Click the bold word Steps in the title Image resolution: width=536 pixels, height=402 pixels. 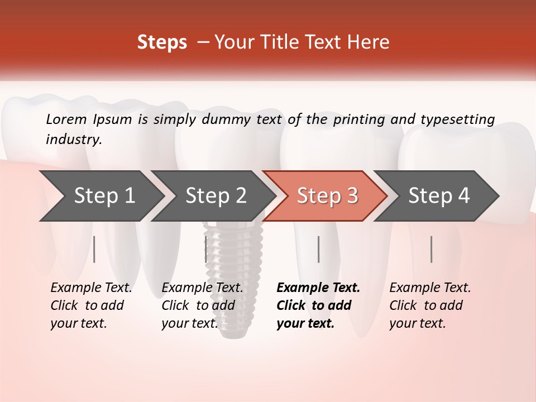click(x=162, y=42)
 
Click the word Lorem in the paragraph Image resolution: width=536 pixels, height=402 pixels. click(x=66, y=119)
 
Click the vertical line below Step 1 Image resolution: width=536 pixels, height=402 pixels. click(x=94, y=249)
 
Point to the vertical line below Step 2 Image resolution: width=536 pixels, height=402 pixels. click(x=206, y=249)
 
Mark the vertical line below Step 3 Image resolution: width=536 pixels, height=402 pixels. click(x=318, y=249)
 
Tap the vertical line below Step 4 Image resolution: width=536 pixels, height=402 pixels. click(x=432, y=249)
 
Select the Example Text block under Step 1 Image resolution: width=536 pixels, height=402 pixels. click(x=91, y=305)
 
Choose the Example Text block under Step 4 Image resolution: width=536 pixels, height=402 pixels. click(x=430, y=305)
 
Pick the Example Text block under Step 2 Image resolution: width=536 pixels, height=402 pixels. click(x=202, y=305)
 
